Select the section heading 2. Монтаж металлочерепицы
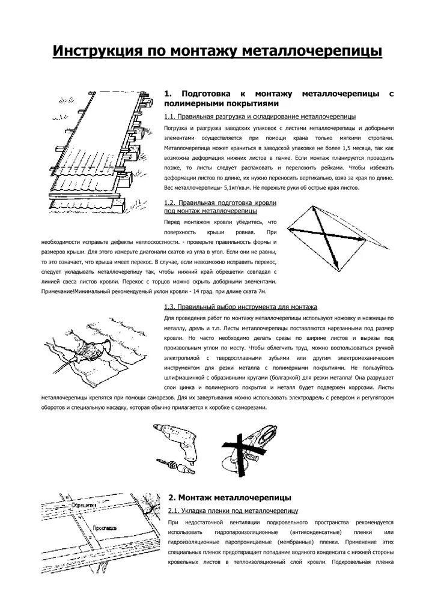[230, 498]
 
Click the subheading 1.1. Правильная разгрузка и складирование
[260, 116]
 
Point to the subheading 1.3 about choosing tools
[240, 307]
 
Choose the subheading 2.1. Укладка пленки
[233, 511]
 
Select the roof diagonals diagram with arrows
[328, 235]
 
